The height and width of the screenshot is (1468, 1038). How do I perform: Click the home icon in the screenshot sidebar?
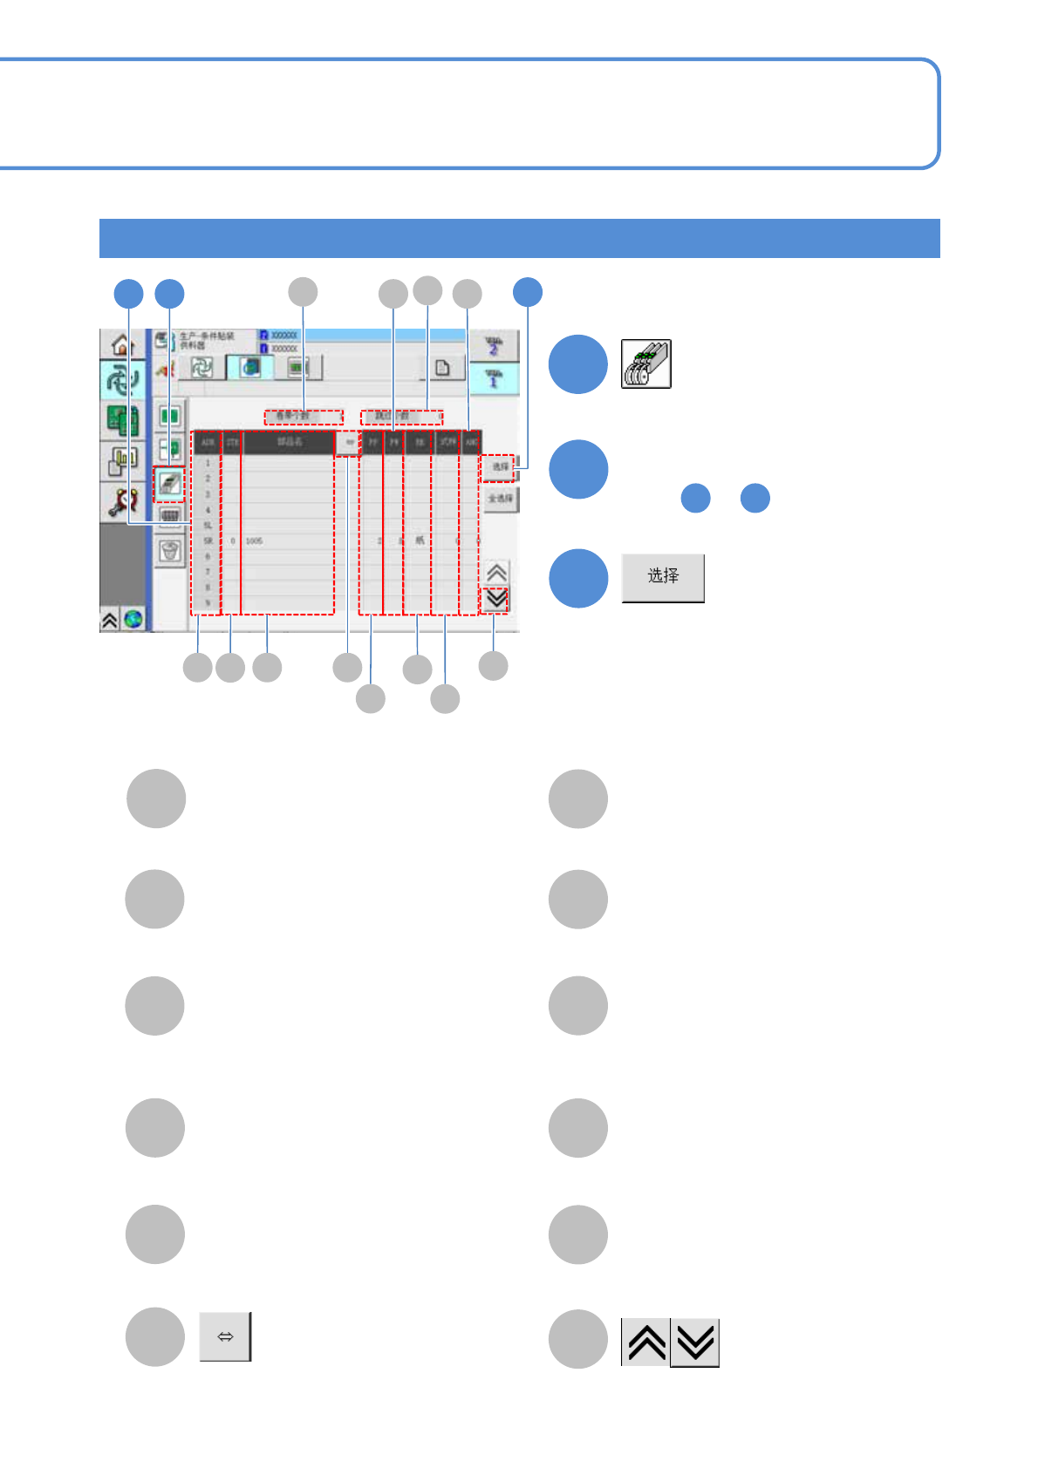pyautogui.click(x=121, y=346)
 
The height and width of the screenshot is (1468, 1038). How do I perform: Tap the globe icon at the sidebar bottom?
pyautogui.click(x=133, y=620)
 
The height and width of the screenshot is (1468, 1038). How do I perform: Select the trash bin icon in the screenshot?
pyautogui.click(x=170, y=550)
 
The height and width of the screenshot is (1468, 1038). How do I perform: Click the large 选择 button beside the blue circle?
pyautogui.click(x=663, y=577)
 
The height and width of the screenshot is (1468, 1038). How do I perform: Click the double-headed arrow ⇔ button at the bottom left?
pyautogui.click(x=225, y=1336)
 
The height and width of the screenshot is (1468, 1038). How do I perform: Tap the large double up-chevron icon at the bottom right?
pyautogui.click(x=646, y=1342)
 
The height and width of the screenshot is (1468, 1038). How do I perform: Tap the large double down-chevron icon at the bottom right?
pyautogui.click(x=695, y=1342)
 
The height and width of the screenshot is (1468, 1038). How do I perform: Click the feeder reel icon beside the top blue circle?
pyautogui.click(x=645, y=364)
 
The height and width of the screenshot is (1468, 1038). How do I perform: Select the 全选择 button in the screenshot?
pyautogui.click(x=501, y=499)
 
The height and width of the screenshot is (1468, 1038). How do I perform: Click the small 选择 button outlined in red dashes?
pyautogui.click(x=500, y=467)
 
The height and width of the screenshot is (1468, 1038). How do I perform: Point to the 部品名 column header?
pyautogui.click(x=289, y=443)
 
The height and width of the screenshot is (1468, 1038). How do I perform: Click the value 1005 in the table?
pyautogui.click(x=254, y=541)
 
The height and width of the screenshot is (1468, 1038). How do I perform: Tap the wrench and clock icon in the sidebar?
pyautogui.click(x=123, y=501)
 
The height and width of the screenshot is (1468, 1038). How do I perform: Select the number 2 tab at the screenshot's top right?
pyautogui.click(x=493, y=345)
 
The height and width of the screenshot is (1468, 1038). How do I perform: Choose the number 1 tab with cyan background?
pyautogui.click(x=493, y=378)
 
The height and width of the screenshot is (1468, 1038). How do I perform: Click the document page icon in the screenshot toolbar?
pyautogui.click(x=442, y=368)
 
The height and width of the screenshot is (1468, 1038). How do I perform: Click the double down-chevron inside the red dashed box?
pyautogui.click(x=496, y=600)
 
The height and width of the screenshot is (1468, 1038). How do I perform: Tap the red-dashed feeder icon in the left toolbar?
pyautogui.click(x=169, y=483)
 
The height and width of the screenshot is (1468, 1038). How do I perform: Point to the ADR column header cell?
pyautogui.click(x=208, y=443)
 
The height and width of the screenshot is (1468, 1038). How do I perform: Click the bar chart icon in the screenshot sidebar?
pyautogui.click(x=123, y=460)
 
